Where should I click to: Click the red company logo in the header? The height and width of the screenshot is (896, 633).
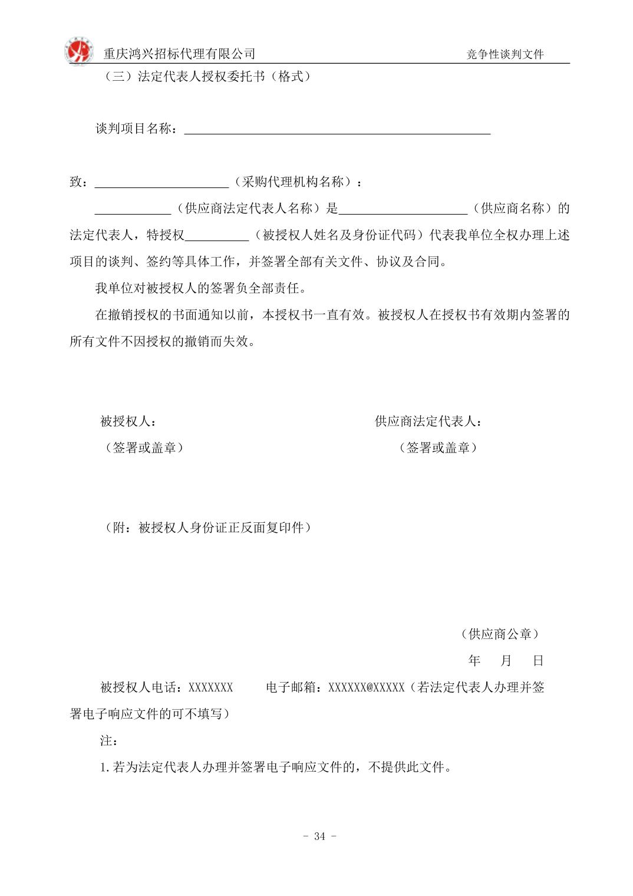click(x=79, y=51)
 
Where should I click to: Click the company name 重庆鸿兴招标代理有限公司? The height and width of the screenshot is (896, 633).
click(x=179, y=54)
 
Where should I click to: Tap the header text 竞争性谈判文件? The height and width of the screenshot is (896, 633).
click(x=505, y=54)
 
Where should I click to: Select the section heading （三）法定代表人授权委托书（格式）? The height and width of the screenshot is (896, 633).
click(x=206, y=77)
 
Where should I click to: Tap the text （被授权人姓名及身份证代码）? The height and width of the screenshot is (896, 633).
click(x=339, y=235)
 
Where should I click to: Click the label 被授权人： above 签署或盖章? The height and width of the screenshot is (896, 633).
click(x=128, y=421)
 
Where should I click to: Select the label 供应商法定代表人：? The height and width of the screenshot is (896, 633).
click(x=429, y=421)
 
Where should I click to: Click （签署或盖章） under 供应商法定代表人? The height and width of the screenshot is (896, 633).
click(x=438, y=448)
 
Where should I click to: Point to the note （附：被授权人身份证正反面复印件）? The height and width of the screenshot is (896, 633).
click(x=206, y=528)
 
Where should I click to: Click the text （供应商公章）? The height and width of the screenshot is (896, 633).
click(x=500, y=634)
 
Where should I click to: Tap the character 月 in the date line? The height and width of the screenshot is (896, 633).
click(x=506, y=661)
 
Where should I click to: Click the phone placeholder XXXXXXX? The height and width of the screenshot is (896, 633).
click(x=210, y=687)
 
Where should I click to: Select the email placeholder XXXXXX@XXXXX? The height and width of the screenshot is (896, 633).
click(x=366, y=687)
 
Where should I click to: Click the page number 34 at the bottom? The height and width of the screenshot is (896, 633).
click(x=319, y=836)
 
